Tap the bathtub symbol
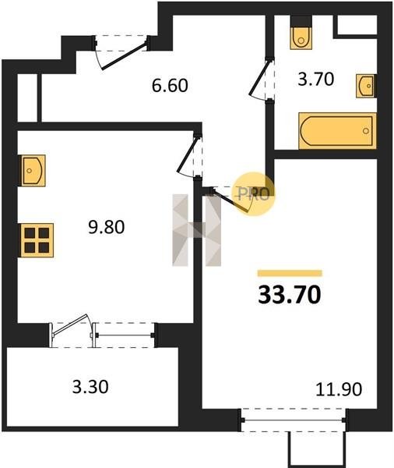click(337, 131)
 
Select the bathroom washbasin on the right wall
click(366, 86)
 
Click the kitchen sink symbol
click(32, 171)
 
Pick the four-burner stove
click(37, 240)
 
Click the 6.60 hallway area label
click(170, 86)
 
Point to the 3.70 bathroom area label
click(316, 80)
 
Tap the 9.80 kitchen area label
click(107, 227)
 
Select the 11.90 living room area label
click(339, 389)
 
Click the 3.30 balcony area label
click(90, 387)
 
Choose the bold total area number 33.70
click(290, 295)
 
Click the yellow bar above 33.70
click(290, 273)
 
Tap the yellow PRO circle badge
click(254, 194)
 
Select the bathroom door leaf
click(259, 77)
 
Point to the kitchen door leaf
click(188, 154)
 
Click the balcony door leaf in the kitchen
click(69, 324)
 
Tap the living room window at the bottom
click(294, 420)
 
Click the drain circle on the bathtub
click(366, 131)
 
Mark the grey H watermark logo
click(197, 230)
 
